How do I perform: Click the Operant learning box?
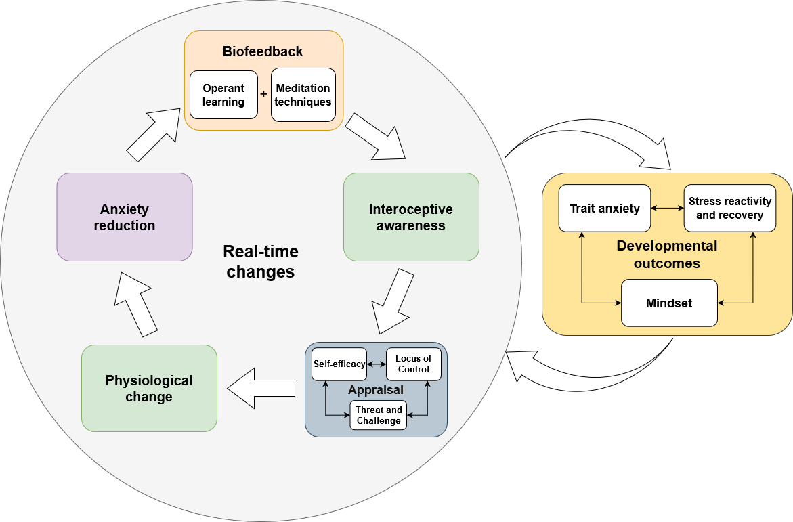tap(223, 95)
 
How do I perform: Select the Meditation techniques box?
tap(303, 95)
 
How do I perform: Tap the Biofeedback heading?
tap(263, 51)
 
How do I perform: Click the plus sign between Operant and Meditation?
tap(263, 94)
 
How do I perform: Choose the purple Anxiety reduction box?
tap(125, 217)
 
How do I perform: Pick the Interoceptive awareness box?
tap(411, 217)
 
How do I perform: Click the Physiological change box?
tap(149, 389)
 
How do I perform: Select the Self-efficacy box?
tap(339, 364)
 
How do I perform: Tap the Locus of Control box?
tap(414, 364)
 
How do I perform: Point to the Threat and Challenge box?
tap(379, 415)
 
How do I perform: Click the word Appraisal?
tap(376, 390)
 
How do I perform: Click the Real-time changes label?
tap(261, 261)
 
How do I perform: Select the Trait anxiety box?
tap(605, 209)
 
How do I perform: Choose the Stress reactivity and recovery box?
tap(730, 209)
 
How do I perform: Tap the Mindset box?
tap(669, 303)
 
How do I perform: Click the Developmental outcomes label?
tap(667, 255)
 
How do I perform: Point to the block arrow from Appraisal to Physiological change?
tap(261, 389)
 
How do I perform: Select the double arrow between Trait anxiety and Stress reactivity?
tap(668, 208)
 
